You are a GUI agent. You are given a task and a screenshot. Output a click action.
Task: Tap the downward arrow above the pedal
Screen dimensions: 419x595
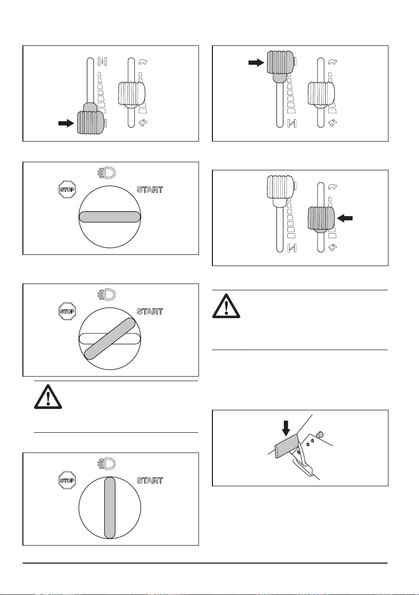pos(286,428)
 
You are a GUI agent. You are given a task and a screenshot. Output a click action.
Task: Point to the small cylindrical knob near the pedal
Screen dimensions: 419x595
pos(320,435)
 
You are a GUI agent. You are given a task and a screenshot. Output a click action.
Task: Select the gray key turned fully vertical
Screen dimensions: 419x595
pos(110,508)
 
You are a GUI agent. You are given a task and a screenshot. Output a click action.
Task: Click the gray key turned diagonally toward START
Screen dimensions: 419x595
pos(110,339)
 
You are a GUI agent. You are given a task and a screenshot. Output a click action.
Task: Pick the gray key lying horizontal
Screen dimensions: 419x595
pos(110,217)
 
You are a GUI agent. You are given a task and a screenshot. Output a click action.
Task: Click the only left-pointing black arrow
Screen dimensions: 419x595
pos(344,218)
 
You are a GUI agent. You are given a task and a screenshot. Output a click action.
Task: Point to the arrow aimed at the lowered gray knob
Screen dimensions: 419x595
pos(66,123)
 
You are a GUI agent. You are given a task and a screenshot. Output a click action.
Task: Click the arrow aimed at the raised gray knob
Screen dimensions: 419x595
pos(256,62)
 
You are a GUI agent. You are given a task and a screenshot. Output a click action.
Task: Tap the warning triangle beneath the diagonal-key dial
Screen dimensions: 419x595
pos(48,397)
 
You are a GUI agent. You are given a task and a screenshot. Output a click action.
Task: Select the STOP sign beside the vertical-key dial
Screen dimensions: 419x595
pos(67,480)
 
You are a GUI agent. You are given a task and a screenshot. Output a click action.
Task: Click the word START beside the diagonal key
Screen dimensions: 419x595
pos(150,311)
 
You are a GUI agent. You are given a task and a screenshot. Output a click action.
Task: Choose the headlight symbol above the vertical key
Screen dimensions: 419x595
pos(107,464)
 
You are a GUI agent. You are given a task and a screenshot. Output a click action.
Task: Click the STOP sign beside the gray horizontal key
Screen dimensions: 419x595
pos(67,190)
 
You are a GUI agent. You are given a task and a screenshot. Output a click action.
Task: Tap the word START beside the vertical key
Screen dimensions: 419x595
pos(150,480)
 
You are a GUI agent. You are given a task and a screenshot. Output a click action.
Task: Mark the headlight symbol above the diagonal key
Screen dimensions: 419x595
pos(107,295)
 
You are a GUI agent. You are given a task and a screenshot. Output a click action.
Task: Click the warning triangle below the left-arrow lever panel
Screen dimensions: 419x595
pos(226,306)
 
